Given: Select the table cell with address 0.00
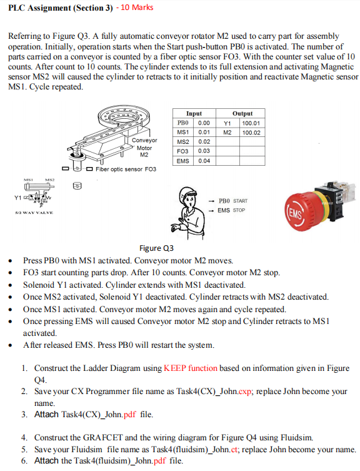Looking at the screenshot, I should click(204, 123).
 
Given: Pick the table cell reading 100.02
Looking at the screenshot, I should click(252, 133).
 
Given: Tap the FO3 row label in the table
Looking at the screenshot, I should click(183, 151).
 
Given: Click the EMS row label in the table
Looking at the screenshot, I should click(183, 161).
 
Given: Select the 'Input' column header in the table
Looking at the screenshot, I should click(194, 114).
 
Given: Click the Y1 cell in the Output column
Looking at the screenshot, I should click(227, 123).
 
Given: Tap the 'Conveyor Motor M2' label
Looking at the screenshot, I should click(144, 148).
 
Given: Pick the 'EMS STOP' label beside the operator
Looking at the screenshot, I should click(230, 210).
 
